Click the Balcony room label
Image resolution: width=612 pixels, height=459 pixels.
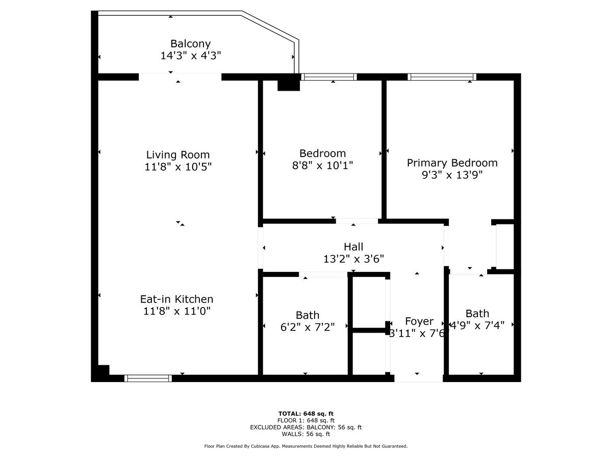[190, 44]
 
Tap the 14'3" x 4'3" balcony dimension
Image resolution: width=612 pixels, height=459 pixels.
[190, 56]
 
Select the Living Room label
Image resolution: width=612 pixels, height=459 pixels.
[177, 155]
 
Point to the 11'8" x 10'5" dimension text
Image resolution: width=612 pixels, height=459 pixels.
[177, 166]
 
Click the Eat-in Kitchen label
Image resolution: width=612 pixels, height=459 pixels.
[176, 299]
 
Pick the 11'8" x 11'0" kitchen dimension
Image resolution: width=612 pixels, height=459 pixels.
[176, 311]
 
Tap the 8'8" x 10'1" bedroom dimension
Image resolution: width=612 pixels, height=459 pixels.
[322, 165]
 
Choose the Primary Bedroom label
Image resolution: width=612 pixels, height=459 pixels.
[452, 163]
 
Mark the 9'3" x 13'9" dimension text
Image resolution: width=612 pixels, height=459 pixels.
[452, 175]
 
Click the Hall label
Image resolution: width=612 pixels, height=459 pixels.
[353, 247]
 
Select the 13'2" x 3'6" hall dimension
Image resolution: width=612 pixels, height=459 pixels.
[353, 259]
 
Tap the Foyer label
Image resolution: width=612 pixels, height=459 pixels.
[419, 321]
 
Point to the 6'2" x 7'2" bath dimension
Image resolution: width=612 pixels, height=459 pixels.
[307, 327]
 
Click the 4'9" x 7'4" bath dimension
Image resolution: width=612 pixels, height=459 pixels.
[477, 325]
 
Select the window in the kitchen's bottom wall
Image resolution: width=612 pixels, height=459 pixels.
[148, 378]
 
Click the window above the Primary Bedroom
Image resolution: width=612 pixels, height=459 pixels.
[442, 77]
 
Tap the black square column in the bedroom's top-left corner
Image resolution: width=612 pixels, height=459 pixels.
[289, 83]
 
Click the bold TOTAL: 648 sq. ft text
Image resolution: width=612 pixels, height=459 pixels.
[306, 414]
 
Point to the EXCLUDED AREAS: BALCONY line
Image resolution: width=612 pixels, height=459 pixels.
[306, 427]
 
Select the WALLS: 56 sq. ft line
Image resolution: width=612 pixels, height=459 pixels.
[306, 435]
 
